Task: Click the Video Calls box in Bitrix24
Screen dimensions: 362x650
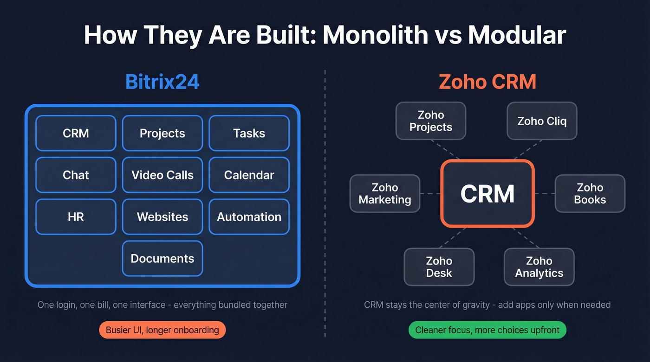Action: pos(162,175)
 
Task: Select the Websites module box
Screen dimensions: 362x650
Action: pos(162,217)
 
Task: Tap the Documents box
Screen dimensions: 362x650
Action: pos(162,259)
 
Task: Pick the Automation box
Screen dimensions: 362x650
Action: pos(249,217)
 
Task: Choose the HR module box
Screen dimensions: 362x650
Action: pos(76,217)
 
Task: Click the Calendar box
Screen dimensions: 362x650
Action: pos(249,175)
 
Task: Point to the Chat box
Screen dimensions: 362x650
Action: pos(76,175)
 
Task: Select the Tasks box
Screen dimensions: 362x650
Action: pos(249,133)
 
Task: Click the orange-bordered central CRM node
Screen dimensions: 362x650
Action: pos(487,194)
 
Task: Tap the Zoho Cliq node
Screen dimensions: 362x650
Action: pos(542,121)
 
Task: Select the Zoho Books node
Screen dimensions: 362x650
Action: pos(590,194)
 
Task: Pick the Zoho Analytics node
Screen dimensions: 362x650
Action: pos(539,267)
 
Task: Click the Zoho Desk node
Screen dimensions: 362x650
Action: pos(439,267)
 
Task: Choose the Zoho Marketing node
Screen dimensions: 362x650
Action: pos(385,194)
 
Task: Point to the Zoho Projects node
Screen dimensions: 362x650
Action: pos(431,121)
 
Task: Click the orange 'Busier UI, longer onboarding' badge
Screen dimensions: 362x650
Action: pos(162,330)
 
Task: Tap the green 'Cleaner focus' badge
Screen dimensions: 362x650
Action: pos(487,330)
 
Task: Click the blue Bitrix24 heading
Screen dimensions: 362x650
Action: pos(162,82)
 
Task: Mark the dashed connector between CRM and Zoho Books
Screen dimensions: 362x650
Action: pos(545,194)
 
